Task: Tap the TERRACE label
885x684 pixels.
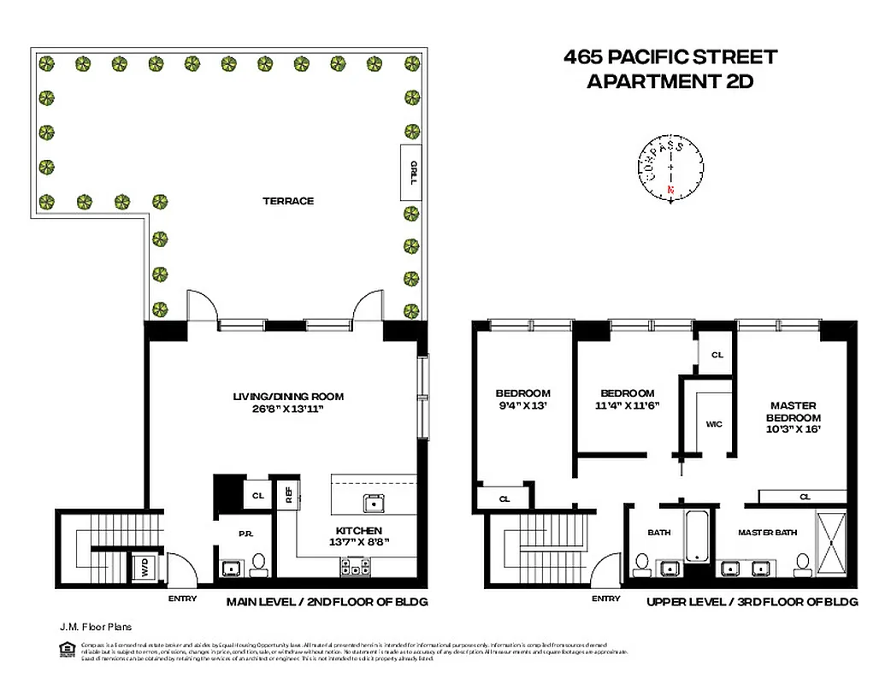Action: pyautogui.click(x=288, y=201)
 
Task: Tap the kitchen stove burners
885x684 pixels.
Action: pyautogui.click(x=354, y=565)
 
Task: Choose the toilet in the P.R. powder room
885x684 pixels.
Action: pyautogui.click(x=259, y=563)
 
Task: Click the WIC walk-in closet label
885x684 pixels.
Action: pyautogui.click(x=714, y=423)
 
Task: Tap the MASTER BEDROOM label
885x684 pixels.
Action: pyautogui.click(x=794, y=411)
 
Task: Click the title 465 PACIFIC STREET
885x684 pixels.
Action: pyautogui.click(x=670, y=57)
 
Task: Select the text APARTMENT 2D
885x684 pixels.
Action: pyautogui.click(x=670, y=83)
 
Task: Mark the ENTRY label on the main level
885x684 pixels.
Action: pyautogui.click(x=183, y=598)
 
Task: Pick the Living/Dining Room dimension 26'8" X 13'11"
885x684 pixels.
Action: pyautogui.click(x=289, y=410)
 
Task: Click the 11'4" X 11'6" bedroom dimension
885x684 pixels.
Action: pyautogui.click(x=627, y=406)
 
